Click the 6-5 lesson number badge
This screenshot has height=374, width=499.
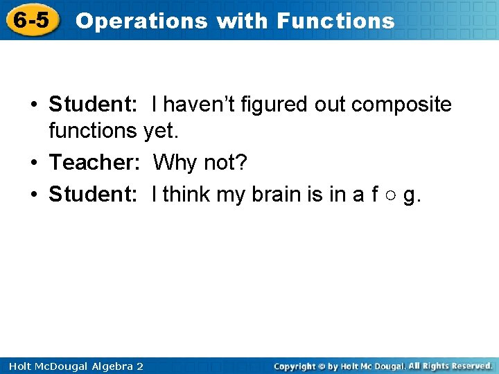[31, 20]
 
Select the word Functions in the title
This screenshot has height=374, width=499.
[335, 21]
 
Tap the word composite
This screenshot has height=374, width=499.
[401, 105]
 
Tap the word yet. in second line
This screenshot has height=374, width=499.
[161, 130]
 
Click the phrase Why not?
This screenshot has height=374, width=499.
[200, 163]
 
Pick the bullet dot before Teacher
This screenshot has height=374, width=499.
[33, 163]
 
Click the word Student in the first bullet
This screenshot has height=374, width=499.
[93, 105]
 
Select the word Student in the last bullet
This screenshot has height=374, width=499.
[93, 195]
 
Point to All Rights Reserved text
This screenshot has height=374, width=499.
[450, 366]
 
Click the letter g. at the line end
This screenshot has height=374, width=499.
[412, 196]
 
